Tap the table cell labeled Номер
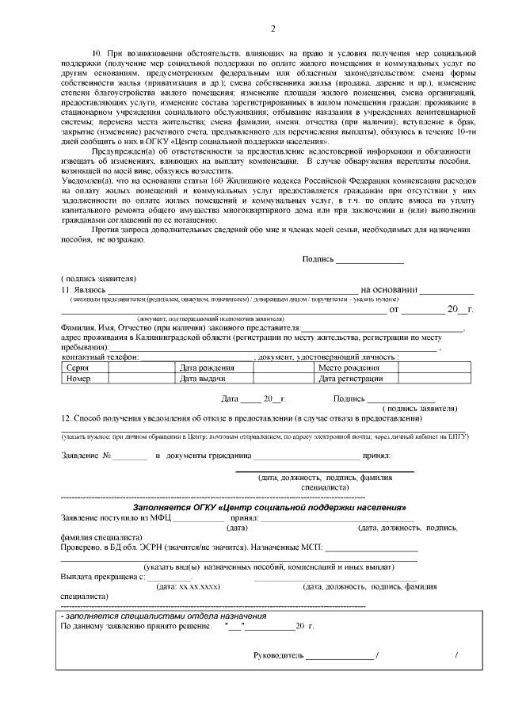(x=78, y=379)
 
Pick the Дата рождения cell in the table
(x=207, y=368)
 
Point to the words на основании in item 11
(x=388, y=290)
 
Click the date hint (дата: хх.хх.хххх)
(x=189, y=586)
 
